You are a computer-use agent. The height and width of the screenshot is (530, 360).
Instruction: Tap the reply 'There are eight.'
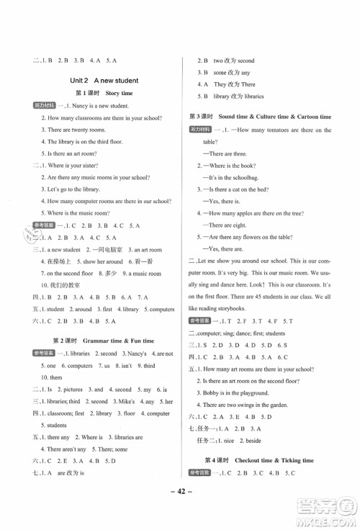tap(231, 225)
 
